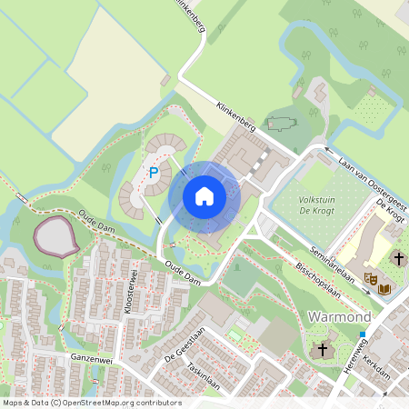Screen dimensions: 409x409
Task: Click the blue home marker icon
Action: [204, 196]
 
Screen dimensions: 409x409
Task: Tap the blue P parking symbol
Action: [154, 173]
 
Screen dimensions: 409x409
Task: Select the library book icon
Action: [384, 288]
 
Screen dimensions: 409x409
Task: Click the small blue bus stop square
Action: [362, 334]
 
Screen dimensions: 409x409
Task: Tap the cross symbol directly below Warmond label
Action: [322, 350]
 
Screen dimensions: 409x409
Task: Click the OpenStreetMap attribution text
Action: [91, 403]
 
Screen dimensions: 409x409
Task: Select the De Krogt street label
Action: [389, 211]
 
